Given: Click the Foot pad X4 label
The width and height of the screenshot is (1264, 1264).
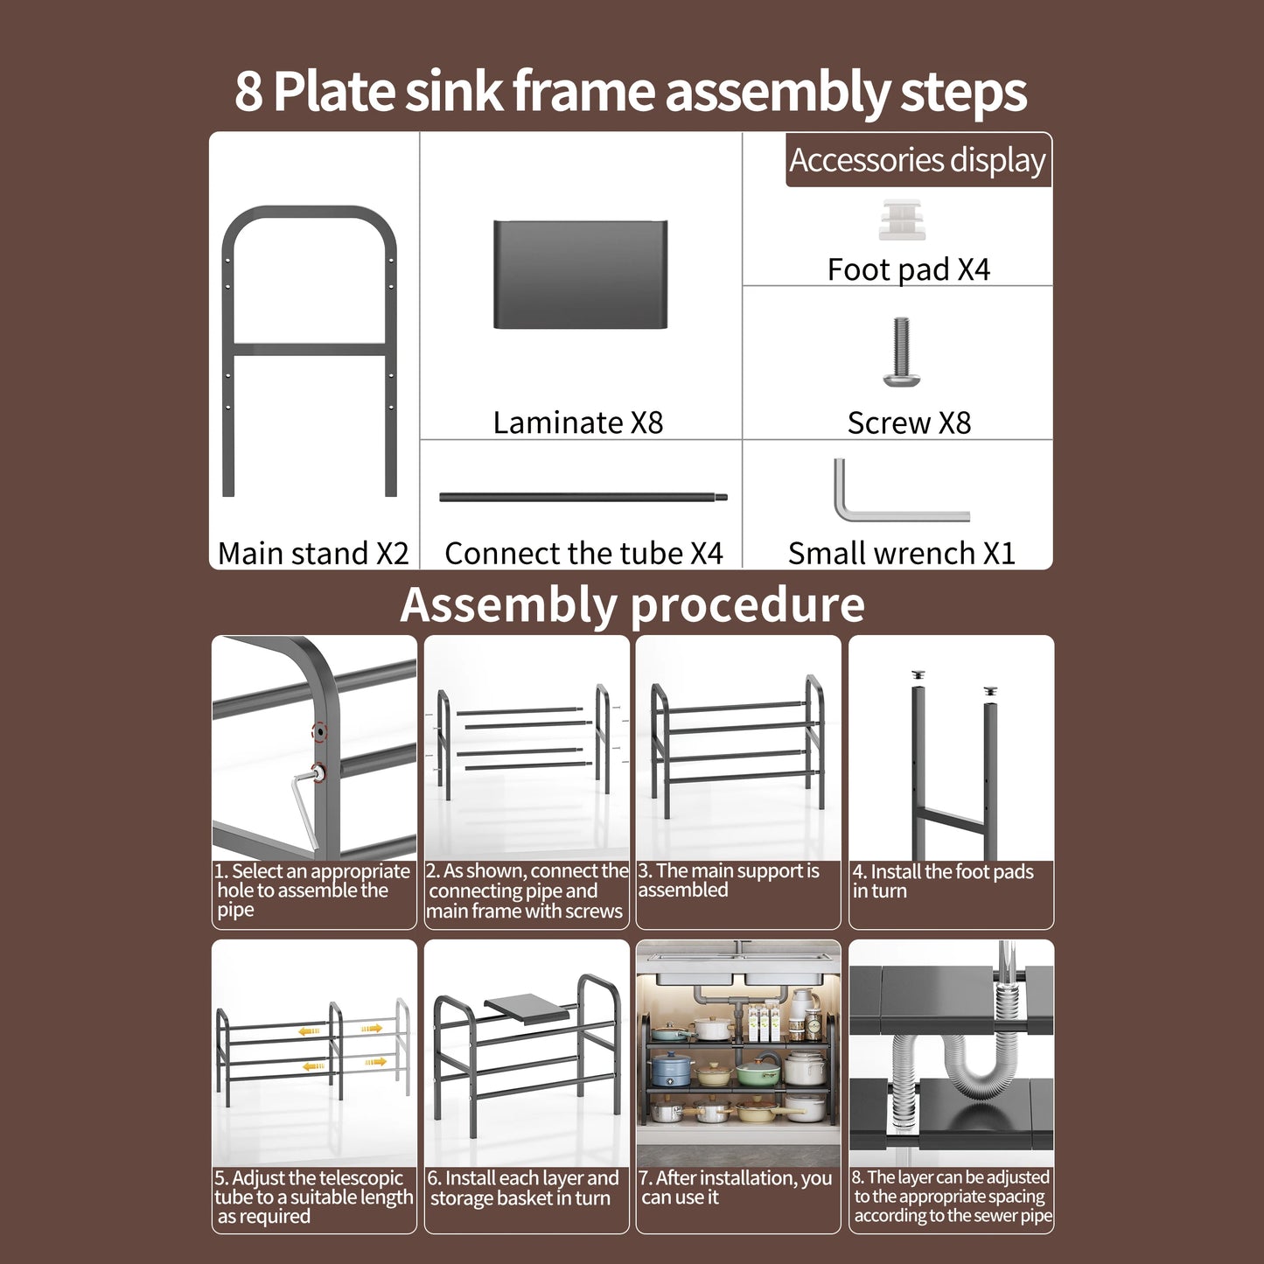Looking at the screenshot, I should click(x=908, y=269).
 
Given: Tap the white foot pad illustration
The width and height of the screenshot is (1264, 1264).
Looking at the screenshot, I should click(x=901, y=220).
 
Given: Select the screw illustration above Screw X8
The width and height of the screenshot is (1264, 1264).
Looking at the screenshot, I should click(x=901, y=352).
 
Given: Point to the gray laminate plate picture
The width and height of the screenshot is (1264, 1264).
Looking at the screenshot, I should click(x=580, y=275).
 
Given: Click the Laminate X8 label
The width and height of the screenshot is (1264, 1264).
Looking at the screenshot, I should click(x=578, y=422).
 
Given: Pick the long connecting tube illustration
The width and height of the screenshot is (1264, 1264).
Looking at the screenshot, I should click(x=583, y=498).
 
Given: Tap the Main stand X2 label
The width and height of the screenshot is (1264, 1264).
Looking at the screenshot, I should click(x=313, y=553).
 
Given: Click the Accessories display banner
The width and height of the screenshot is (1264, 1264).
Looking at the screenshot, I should click(x=918, y=160).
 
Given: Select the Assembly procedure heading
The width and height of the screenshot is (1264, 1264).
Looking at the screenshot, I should click(x=632, y=604).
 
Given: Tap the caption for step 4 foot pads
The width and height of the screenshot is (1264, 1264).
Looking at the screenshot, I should click(x=942, y=881).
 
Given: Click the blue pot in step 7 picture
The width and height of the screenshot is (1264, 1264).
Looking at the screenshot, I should click(x=672, y=1068).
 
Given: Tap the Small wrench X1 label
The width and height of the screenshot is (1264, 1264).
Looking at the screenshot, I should click(x=901, y=553).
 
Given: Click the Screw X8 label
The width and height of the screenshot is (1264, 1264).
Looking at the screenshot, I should click(x=909, y=422).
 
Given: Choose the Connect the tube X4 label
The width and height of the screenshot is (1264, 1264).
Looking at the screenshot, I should click(x=583, y=553).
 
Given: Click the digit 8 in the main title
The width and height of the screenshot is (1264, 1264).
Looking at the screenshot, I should click(x=248, y=91).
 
